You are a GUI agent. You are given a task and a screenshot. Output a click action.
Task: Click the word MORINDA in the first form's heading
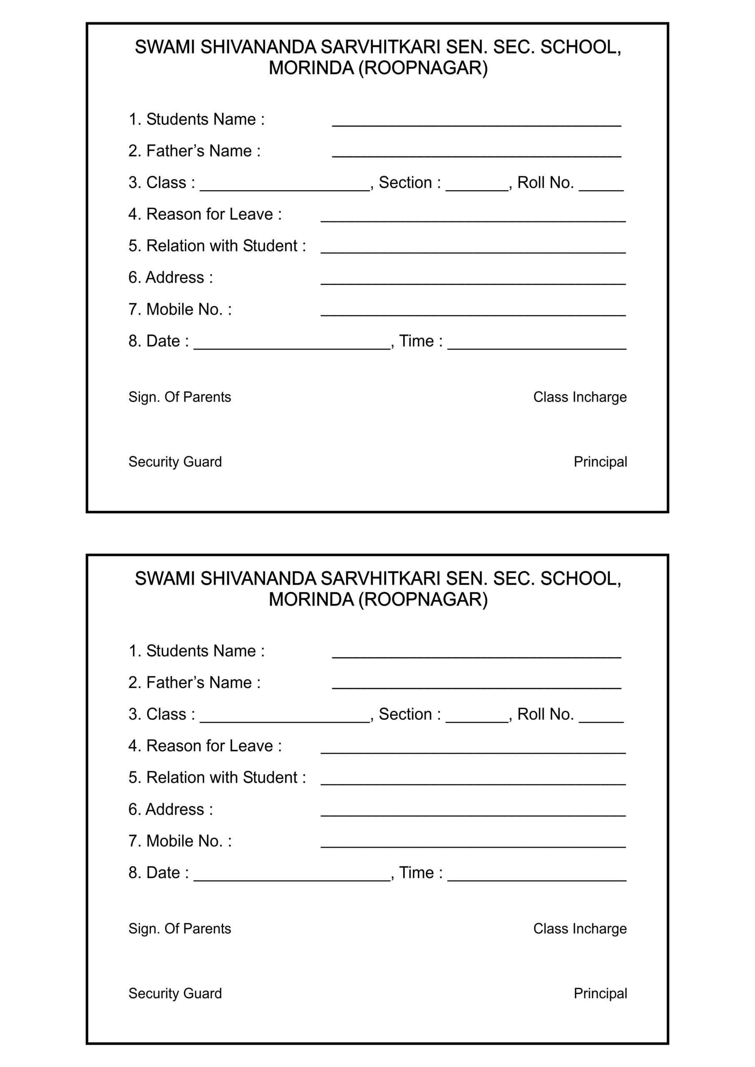point(311,68)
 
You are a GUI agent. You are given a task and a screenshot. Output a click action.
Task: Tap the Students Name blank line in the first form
point(476,124)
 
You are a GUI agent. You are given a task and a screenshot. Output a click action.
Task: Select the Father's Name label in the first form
point(194,151)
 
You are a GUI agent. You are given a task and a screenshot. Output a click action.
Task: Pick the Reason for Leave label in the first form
point(205,214)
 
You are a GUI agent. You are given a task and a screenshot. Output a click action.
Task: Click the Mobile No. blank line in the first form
point(473,314)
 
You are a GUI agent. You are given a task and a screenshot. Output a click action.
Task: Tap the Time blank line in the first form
point(537,347)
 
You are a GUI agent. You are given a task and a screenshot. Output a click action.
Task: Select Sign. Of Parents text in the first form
point(179,397)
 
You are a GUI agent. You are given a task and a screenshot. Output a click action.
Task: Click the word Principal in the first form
point(600,462)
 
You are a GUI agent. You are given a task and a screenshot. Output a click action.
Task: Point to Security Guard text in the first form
point(175,462)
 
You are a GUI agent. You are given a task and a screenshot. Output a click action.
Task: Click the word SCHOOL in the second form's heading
point(580,579)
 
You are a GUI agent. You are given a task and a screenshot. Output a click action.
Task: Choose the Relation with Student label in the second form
point(217,777)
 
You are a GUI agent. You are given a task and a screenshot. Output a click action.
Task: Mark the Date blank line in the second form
point(291,878)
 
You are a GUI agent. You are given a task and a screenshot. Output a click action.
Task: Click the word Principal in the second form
point(600,994)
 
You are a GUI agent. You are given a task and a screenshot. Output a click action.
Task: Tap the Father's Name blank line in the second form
point(476,687)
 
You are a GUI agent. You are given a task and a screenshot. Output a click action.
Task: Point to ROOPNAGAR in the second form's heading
point(423,600)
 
